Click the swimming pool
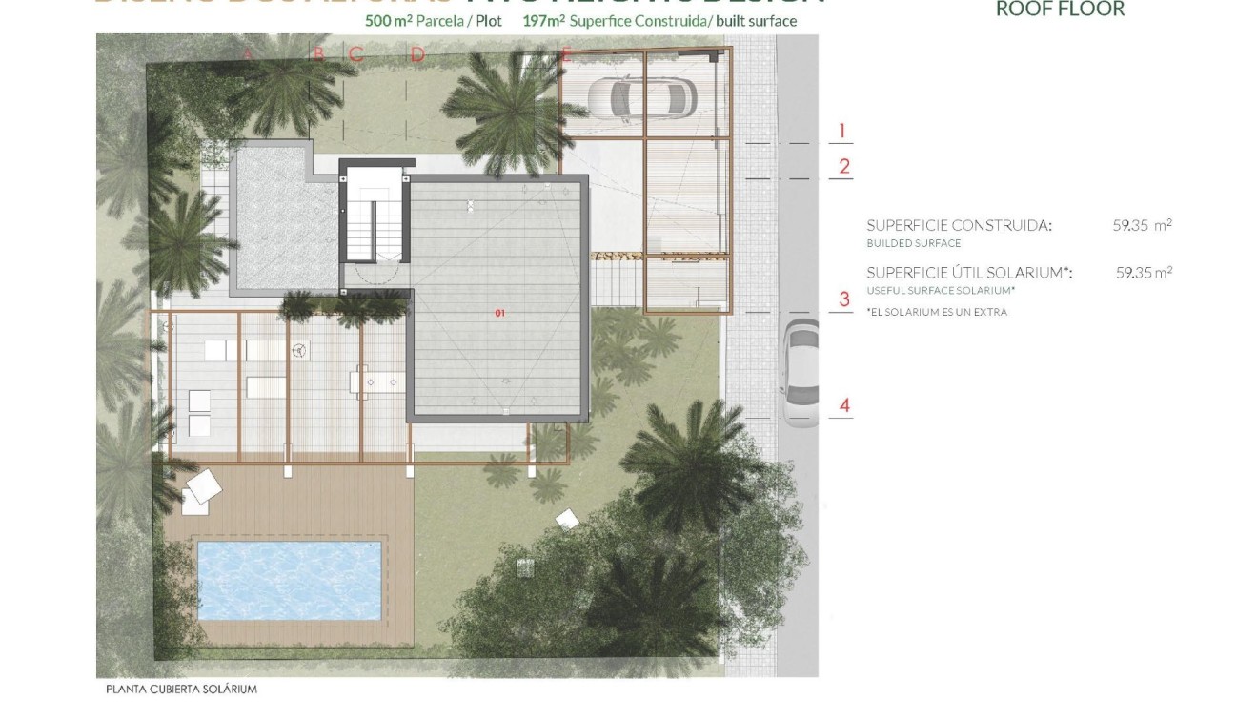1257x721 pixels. pyautogui.click(x=289, y=577)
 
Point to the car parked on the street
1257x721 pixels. pyautogui.click(x=799, y=371)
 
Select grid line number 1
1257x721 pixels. pyautogui.click(x=841, y=132)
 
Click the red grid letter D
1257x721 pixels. pyautogui.click(x=417, y=55)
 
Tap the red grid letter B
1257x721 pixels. pyautogui.click(x=319, y=54)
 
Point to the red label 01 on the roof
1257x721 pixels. pyautogui.click(x=499, y=313)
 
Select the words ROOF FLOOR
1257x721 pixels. pyautogui.click(x=1060, y=10)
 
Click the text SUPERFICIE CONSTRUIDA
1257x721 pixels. pyautogui.click(x=959, y=226)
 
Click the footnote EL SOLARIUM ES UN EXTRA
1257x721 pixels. pyautogui.click(x=936, y=312)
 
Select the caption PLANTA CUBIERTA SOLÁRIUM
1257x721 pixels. pyautogui.click(x=182, y=689)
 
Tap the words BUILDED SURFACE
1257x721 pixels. pyautogui.click(x=900, y=243)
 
